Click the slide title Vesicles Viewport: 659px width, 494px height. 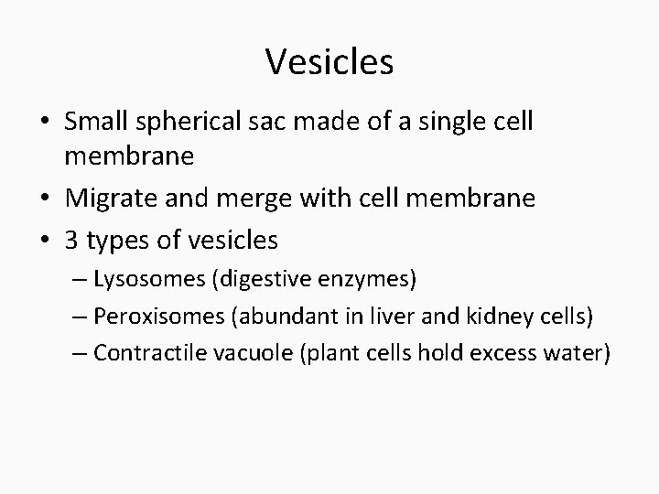[329, 62]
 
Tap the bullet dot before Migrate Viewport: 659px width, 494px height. [45, 199]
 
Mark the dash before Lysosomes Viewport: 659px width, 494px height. [80, 278]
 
